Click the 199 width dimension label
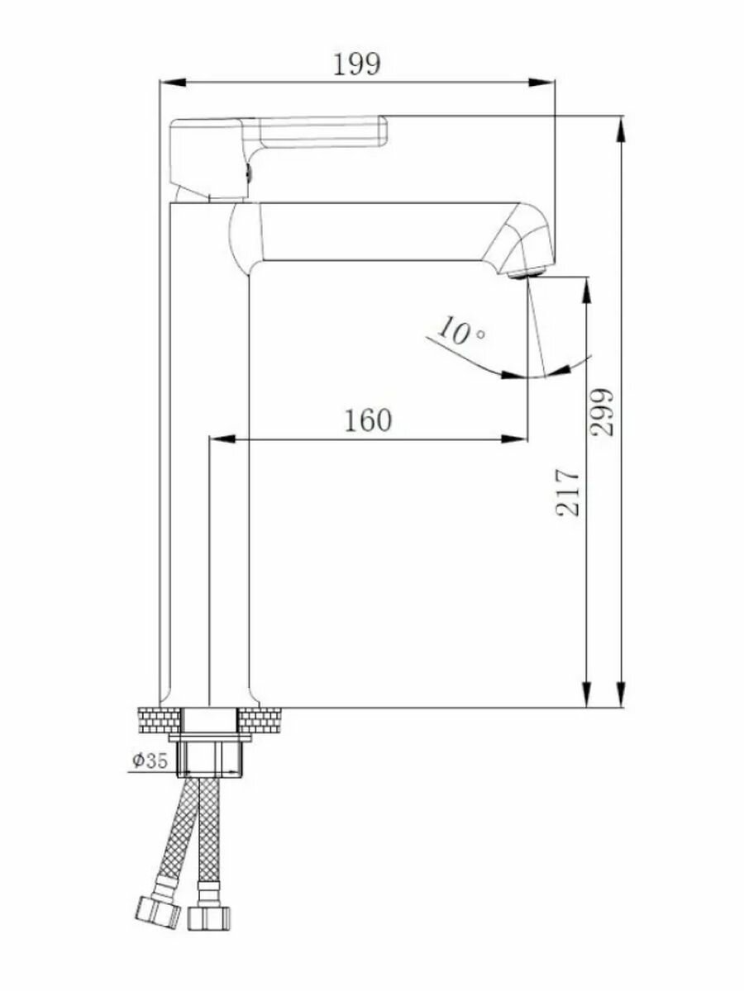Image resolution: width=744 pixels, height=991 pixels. click(x=356, y=64)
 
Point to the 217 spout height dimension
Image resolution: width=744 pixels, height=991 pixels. click(x=567, y=492)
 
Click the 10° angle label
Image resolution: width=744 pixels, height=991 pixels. click(x=460, y=330)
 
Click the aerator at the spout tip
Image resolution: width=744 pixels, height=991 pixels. click(x=527, y=273)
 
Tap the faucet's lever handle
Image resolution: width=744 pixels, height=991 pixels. click(x=278, y=157)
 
